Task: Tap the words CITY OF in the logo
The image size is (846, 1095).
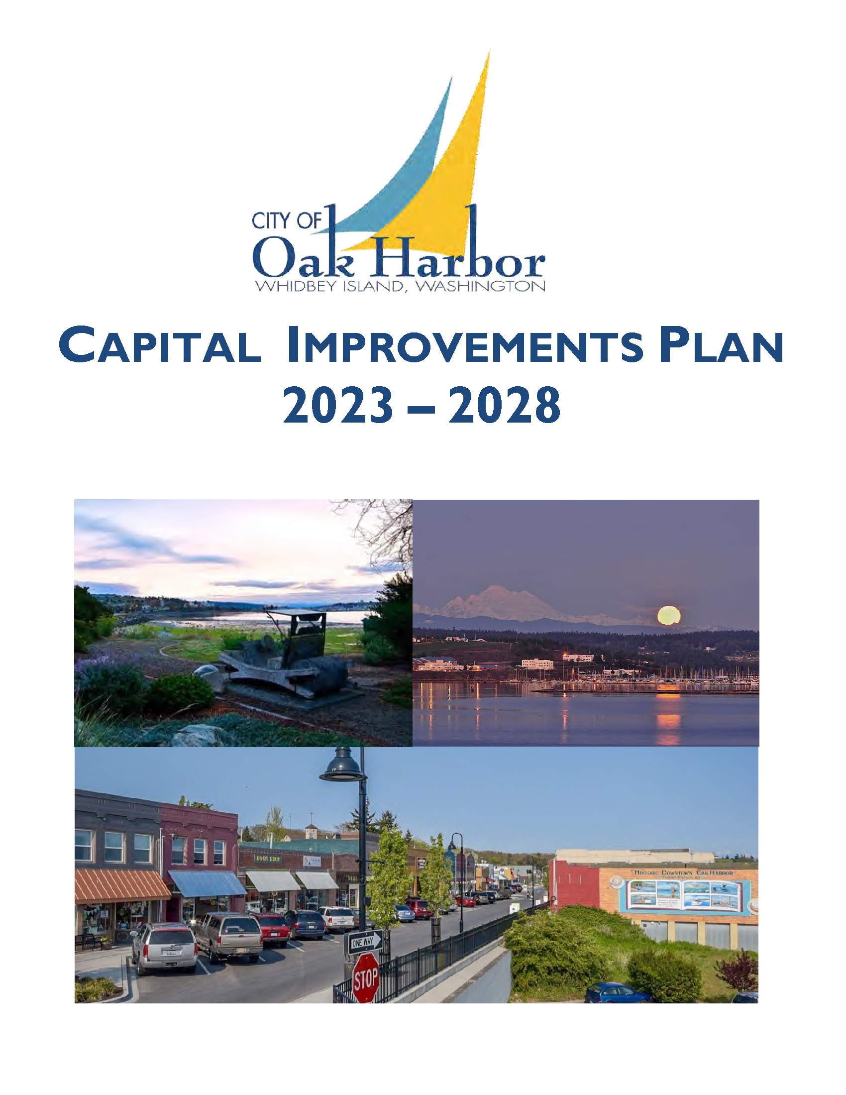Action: pyautogui.click(x=286, y=220)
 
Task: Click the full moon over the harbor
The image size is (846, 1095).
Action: pyautogui.click(x=668, y=615)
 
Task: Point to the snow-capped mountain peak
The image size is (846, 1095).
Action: pyautogui.click(x=494, y=599)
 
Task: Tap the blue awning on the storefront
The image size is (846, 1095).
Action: pyautogui.click(x=207, y=883)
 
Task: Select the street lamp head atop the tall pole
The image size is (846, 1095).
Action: pyautogui.click(x=343, y=769)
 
